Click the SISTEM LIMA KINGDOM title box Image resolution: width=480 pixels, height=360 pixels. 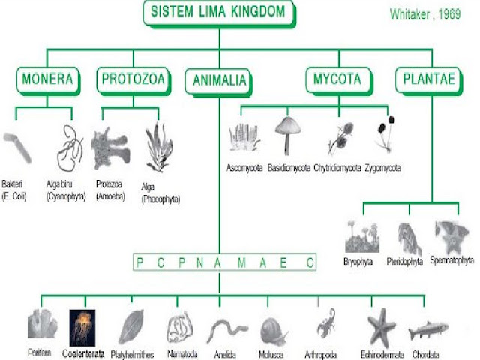tap(219, 13)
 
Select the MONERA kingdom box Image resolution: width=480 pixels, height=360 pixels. tap(48, 81)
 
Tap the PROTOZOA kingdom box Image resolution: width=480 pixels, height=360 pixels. tap(133, 81)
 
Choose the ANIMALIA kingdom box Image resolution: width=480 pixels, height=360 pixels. tap(219, 82)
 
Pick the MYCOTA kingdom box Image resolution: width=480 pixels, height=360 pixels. tap(339, 81)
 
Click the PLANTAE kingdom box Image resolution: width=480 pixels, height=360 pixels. tap(429, 81)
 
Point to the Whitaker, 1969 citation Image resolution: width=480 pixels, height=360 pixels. tap(425, 14)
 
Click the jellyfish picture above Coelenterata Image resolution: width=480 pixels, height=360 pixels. tap(82, 328)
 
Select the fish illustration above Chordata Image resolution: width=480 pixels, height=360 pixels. tap(428, 330)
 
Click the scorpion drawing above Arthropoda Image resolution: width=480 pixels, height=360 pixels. tap(326, 323)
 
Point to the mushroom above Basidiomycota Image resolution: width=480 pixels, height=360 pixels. tap(287, 136)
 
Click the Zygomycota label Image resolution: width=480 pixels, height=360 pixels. tap(382, 168)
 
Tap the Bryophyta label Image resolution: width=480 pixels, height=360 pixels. tap(358, 262)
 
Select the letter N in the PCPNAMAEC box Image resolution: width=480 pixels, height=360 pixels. tap(200, 262)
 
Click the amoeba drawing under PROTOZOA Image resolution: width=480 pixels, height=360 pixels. tap(110, 149)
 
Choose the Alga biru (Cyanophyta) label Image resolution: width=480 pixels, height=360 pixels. tap(66, 190)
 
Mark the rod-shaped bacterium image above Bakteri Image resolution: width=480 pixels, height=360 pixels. tap(17, 148)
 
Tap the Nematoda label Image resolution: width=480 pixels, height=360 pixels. tap(182, 354)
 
